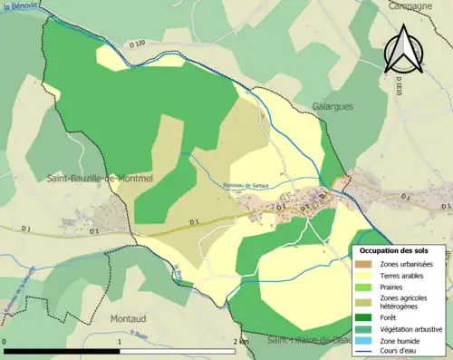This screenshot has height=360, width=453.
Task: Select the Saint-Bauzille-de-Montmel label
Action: click(x=100, y=179)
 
